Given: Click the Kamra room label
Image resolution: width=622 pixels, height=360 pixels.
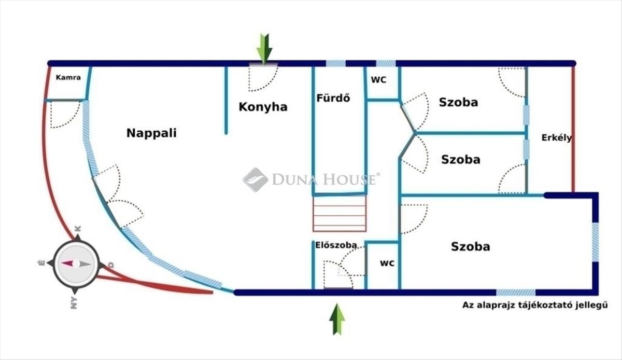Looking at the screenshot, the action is [68, 78].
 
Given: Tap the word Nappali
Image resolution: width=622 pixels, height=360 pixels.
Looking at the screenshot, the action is [151, 133].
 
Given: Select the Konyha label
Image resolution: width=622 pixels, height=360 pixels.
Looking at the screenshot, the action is [263, 107].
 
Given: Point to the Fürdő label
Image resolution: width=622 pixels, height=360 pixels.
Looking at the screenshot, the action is [333, 98].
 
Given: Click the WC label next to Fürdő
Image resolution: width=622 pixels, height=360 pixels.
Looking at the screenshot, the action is [379, 80].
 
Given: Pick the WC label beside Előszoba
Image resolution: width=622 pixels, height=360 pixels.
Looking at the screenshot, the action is [387, 263].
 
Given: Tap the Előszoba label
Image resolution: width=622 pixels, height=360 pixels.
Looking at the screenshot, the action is [336, 245].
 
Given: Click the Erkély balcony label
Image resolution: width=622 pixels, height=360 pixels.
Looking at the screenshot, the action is [557, 138].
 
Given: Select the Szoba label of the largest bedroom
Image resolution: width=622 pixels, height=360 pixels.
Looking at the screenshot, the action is [471, 246].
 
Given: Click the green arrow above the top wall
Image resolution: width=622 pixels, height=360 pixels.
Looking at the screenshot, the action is [264, 49].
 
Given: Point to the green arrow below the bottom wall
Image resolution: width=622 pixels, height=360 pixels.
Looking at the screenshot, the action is [337, 319].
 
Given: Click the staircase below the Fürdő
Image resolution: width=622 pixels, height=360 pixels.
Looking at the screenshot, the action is [340, 214].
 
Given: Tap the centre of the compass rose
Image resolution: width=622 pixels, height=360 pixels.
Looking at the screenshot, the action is [76, 264].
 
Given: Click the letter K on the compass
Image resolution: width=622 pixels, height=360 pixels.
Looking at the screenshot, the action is [78, 229].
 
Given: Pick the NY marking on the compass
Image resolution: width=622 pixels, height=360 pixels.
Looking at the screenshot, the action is [74, 303].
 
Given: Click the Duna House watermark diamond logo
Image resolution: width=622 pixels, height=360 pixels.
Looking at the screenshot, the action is [256, 179].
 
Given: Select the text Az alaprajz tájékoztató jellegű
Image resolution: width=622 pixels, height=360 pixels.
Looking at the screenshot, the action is [535, 305].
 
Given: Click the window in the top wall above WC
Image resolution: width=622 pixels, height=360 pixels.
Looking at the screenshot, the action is [386, 63].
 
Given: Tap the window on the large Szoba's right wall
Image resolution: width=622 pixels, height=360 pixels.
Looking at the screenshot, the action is [596, 242].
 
